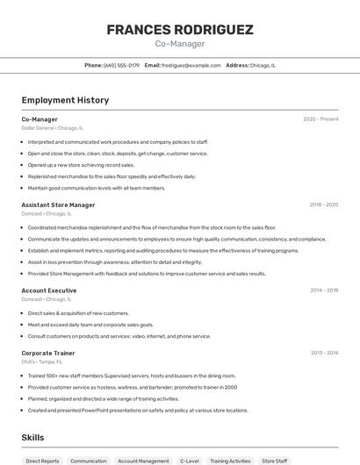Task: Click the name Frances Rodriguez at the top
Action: point(180,30)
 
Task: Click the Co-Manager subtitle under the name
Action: point(180,44)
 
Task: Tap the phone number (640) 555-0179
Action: point(121,65)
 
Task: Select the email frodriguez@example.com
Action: point(191,65)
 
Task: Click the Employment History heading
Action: point(65,100)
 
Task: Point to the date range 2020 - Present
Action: point(320,119)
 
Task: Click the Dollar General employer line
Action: point(52,128)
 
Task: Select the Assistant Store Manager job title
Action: point(58,204)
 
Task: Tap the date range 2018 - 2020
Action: point(323,204)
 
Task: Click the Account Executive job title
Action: point(49,290)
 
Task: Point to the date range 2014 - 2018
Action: point(323,290)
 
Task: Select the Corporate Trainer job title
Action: point(48,353)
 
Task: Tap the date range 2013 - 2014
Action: point(323,353)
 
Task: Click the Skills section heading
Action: point(32,437)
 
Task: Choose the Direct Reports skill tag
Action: point(42,461)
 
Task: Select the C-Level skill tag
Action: point(189,461)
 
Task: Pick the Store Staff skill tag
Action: point(275,461)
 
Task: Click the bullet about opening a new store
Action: point(81,165)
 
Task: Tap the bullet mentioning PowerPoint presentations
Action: point(126,410)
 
